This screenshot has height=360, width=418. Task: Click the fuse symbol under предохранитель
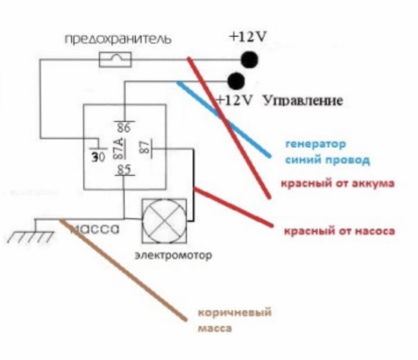pyautogui.click(x=115, y=59)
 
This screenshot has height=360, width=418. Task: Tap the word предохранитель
pyautogui.click(x=118, y=40)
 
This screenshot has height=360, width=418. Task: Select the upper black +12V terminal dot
pyautogui.click(x=250, y=59)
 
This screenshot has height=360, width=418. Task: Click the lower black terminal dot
pyautogui.click(x=236, y=81)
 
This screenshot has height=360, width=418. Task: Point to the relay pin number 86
pyautogui.click(x=124, y=128)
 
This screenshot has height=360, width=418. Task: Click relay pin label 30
pyautogui.click(x=98, y=157)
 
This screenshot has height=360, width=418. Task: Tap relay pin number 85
pyautogui.click(x=124, y=169)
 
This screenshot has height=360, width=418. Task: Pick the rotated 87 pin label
pyautogui.click(x=144, y=147)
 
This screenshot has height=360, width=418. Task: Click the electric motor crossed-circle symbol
pyautogui.click(x=164, y=221)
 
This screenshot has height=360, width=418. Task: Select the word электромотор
pyautogui.click(x=173, y=255)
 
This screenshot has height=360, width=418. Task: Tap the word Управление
pyautogui.click(x=303, y=101)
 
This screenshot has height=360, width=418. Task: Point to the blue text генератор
pyautogui.click(x=316, y=144)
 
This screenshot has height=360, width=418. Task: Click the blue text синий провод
pyautogui.click(x=328, y=160)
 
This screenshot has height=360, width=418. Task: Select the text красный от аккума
pyautogui.click(x=337, y=184)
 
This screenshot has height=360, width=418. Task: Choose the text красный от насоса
pyautogui.click(x=339, y=231)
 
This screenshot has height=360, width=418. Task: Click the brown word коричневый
pyautogui.click(x=235, y=312)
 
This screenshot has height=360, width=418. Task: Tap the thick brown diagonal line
pyautogui.click(x=123, y=270)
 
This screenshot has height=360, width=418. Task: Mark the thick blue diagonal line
pyautogui.click(x=224, y=119)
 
